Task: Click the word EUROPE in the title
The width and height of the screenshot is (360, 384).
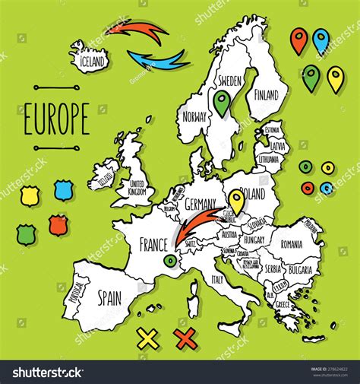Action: [x=57, y=119]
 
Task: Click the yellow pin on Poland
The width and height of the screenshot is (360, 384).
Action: [x=237, y=200]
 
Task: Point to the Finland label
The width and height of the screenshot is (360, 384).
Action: [x=266, y=97]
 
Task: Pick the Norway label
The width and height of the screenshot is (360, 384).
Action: [x=195, y=118]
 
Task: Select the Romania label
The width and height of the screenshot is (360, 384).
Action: [x=290, y=244]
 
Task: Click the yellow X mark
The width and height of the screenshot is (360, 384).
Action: [x=147, y=337]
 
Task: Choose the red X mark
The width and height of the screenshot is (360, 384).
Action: [x=185, y=337]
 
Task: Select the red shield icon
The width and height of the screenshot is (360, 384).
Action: [x=58, y=224]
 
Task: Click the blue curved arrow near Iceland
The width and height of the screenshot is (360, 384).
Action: [x=159, y=59]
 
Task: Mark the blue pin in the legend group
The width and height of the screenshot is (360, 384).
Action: [x=321, y=40]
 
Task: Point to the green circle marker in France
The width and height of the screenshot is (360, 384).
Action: [x=170, y=262]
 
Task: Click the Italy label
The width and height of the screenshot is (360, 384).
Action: [x=217, y=280]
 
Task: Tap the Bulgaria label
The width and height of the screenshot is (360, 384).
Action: [x=304, y=270]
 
